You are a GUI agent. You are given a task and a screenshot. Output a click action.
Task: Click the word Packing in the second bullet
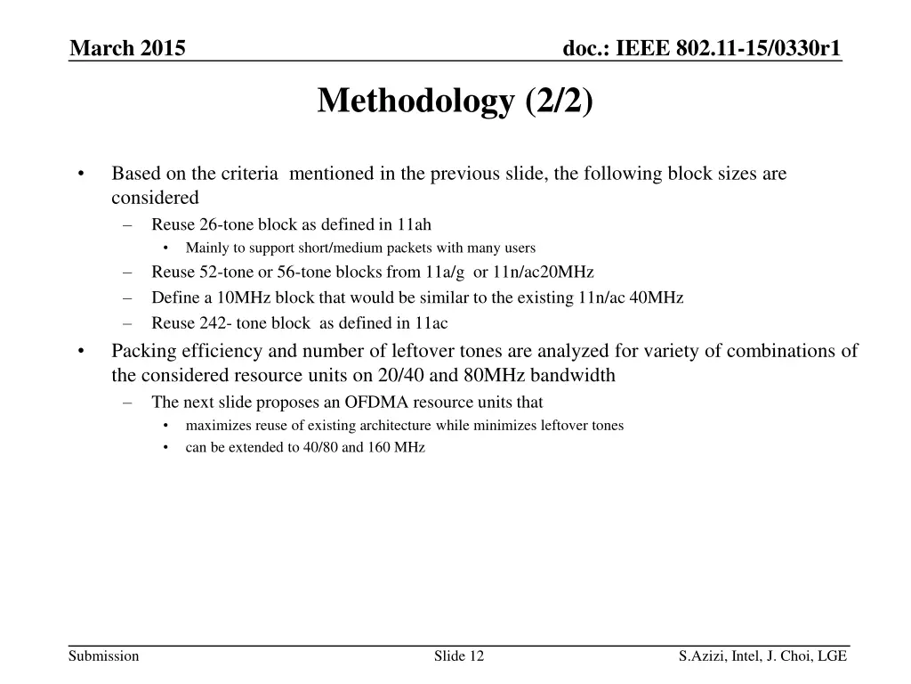141,351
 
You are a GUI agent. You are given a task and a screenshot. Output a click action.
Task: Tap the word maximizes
214,426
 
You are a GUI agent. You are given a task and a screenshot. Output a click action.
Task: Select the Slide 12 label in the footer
459,656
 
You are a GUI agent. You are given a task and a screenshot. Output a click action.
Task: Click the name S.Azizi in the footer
700,656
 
